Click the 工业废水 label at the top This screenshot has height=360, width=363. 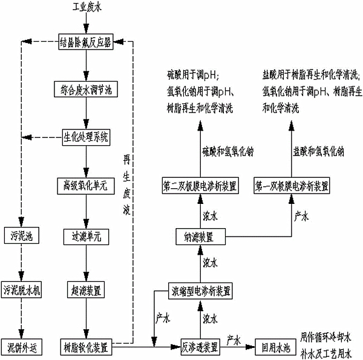pyautogui.click(x=85, y=8)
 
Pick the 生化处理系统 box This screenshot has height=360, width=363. pyautogui.click(x=85, y=137)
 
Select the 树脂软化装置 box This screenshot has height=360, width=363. pyautogui.click(x=85, y=347)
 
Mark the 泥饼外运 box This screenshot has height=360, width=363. pyautogui.click(x=21, y=347)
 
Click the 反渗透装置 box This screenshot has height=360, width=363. pyautogui.click(x=199, y=347)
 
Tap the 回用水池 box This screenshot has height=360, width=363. pyautogui.click(x=273, y=347)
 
